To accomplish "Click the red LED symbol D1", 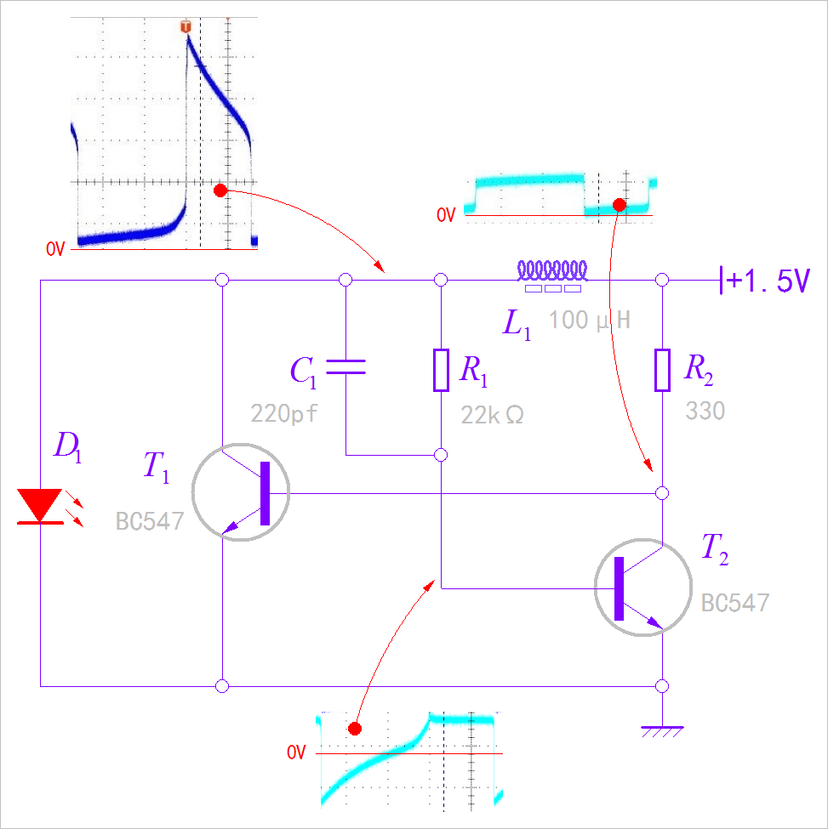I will coord(40,507).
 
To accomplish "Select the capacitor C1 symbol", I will coord(345,366).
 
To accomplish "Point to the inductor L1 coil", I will coord(553,271).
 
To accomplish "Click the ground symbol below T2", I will coord(662,730).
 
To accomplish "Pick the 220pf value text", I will coord(283,414).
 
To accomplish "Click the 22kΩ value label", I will coord(492,414).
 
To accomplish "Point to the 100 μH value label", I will coord(589,321).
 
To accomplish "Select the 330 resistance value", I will coord(705,412).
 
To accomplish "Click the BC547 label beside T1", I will coord(150,521).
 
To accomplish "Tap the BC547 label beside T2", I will coord(735,604).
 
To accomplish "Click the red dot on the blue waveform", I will coord(220,190).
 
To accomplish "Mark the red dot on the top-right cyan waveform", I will coord(620,205).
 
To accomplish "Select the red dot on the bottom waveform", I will coord(355,729).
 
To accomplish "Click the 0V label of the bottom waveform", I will coord(295,753).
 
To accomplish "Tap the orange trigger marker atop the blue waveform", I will coord(186,28).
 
